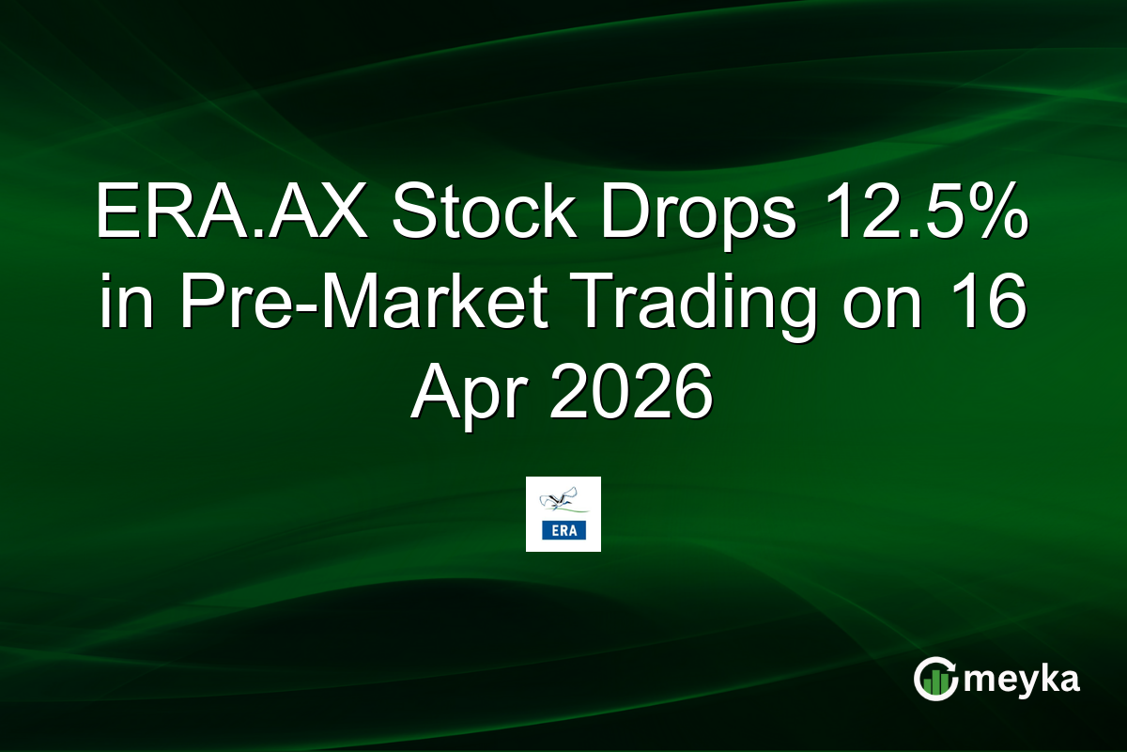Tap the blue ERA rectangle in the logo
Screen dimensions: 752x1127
[563, 531]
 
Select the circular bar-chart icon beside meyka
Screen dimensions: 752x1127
[935, 680]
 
